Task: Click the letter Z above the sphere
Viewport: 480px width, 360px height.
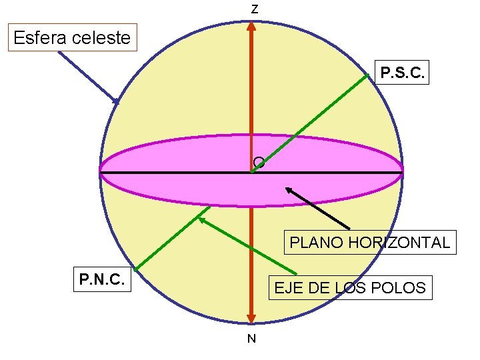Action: (254, 10)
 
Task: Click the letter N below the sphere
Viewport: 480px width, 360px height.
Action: (251, 339)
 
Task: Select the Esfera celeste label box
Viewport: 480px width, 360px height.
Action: (72, 37)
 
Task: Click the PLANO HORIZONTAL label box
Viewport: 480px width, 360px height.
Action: (370, 241)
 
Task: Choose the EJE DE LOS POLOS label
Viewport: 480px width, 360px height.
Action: (349, 288)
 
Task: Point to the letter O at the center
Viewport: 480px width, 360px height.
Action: (259, 162)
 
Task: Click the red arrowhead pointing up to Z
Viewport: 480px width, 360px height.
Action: (251, 26)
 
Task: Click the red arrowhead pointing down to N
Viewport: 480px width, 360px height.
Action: (251, 319)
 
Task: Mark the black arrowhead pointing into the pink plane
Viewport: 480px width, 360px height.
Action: (289, 190)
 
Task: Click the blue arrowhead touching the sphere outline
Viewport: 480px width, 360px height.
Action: (116, 101)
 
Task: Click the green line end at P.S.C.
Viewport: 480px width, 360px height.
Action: (367, 75)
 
